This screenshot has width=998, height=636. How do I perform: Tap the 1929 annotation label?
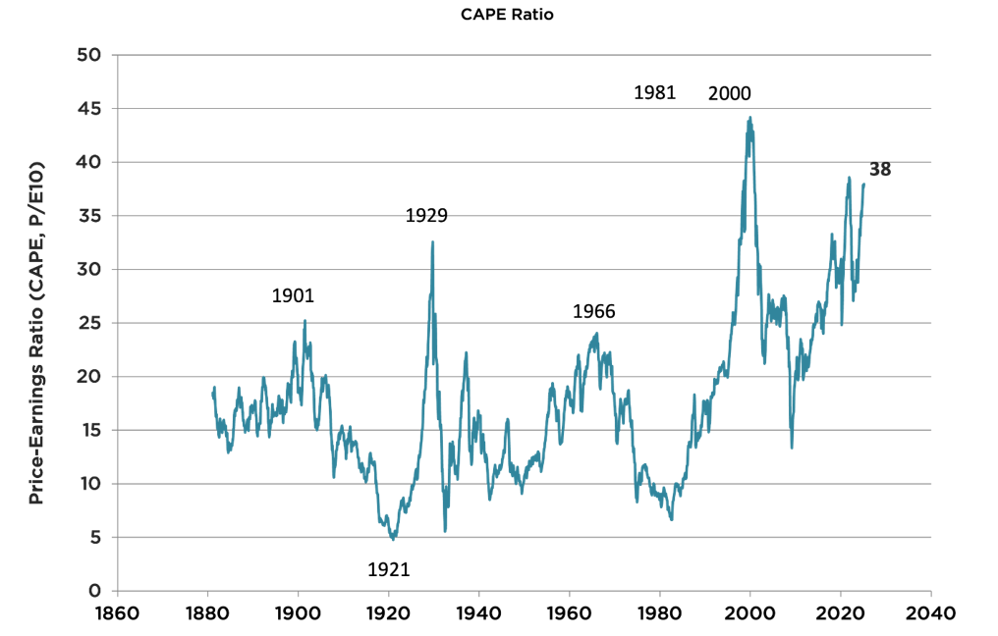pos(426,216)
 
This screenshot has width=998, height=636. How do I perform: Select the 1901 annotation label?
pos(293,295)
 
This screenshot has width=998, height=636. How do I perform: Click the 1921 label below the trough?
pos(388,569)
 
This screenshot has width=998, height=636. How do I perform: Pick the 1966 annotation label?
pos(593,312)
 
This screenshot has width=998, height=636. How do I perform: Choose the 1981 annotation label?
pos(654,93)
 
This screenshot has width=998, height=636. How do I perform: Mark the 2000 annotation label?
pos(729,94)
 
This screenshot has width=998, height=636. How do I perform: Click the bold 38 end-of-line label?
pos(880,169)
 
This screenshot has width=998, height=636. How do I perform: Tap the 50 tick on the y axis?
pos(89,54)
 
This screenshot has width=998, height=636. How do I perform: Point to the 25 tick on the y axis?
pos(89,323)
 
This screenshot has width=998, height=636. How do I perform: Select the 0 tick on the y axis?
pos(95,591)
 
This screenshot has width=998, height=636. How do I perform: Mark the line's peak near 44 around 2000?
pos(750,118)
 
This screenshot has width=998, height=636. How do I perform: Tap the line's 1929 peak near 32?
pos(432,241)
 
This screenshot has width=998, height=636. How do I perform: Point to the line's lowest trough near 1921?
pos(393,540)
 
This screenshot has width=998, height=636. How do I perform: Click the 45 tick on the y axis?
pos(89,108)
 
